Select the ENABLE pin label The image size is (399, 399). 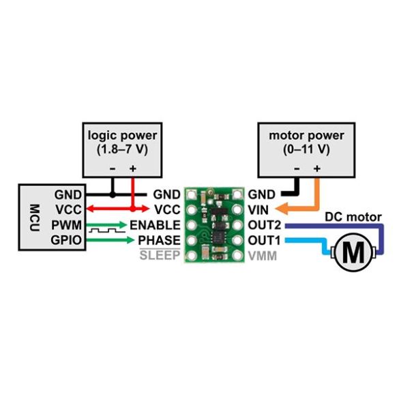click(155, 225)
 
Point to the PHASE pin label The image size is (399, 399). click(159, 240)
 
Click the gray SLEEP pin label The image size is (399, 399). click(159, 255)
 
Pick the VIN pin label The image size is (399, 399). click(261, 210)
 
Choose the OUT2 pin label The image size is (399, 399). click(265, 225)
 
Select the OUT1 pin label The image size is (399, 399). click(265, 240)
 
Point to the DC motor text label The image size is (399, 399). click(353, 217)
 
